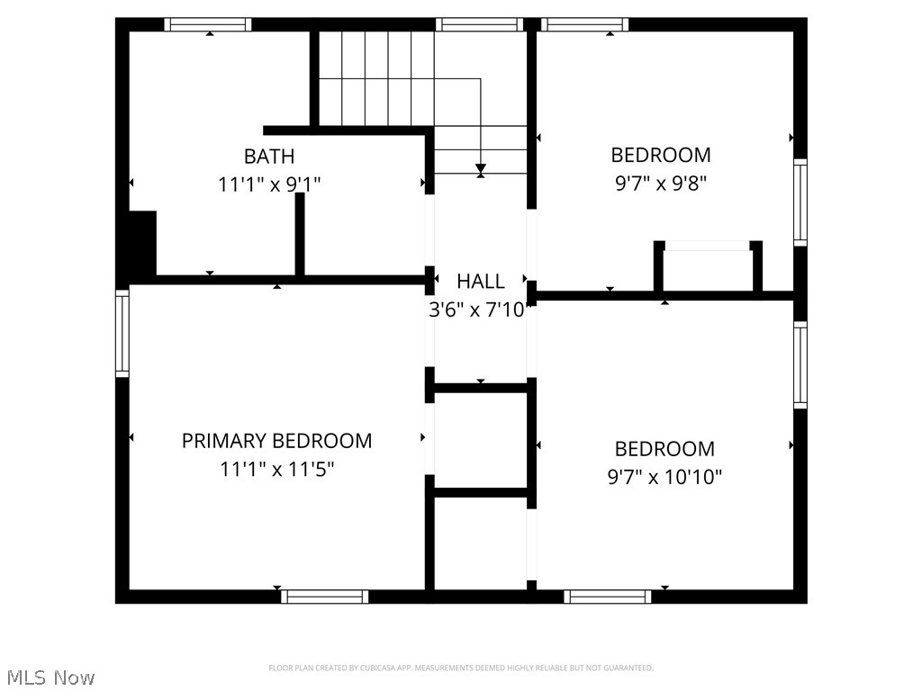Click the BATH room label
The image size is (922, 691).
(x=268, y=157)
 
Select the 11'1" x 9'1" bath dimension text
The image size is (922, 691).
(x=269, y=184)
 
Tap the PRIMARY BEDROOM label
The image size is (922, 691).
(x=276, y=441)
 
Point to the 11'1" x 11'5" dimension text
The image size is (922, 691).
(x=276, y=469)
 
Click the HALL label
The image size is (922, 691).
(x=480, y=281)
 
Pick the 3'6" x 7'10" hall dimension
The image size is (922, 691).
(x=480, y=310)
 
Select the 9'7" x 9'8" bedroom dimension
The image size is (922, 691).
(x=661, y=184)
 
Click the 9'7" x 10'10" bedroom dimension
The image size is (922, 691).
(x=664, y=477)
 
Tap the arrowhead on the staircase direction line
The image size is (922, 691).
(x=481, y=169)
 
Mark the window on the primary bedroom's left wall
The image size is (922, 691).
(x=122, y=332)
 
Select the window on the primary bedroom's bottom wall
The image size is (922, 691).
(x=324, y=596)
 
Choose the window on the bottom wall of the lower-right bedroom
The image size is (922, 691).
(x=608, y=596)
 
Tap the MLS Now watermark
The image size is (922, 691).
(x=50, y=677)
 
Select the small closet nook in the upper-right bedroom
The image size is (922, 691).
(x=708, y=268)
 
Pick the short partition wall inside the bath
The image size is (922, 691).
(x=300, y=234)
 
